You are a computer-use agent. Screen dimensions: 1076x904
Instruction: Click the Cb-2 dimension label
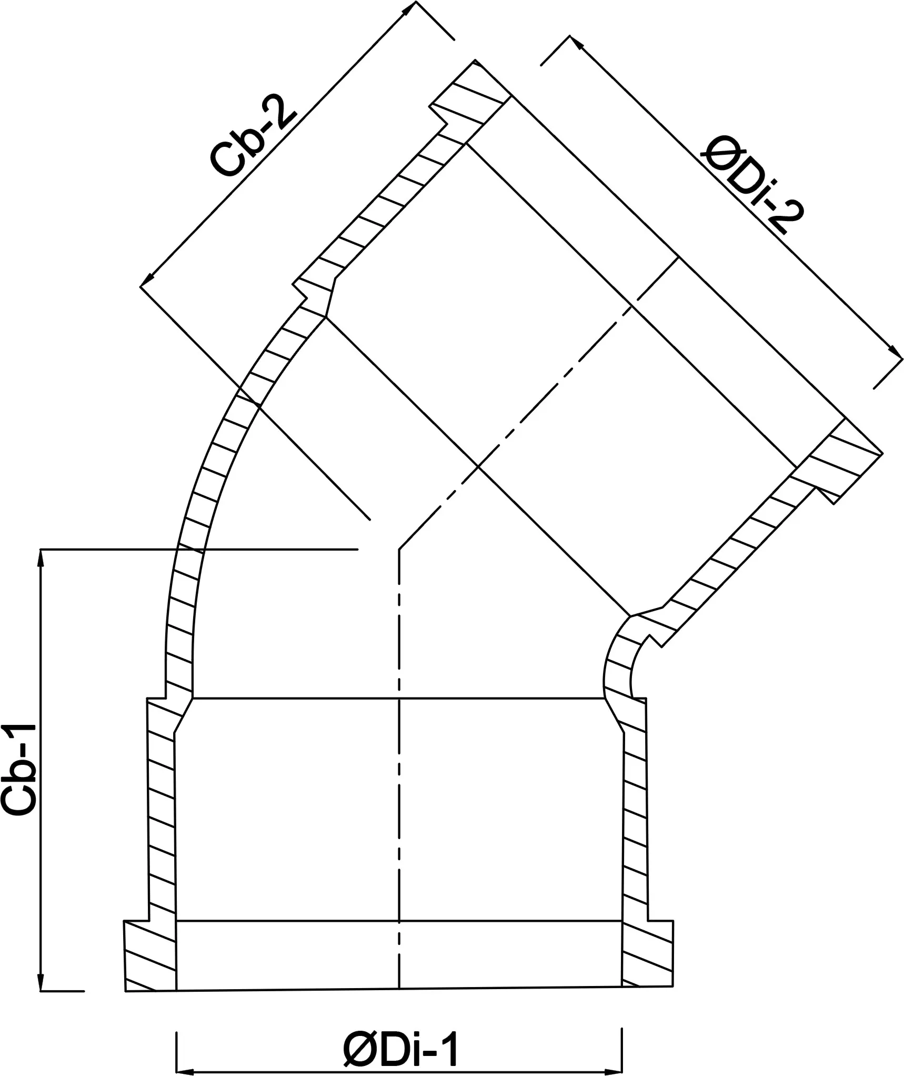pos(254,143)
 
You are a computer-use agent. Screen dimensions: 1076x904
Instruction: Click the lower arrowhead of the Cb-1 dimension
pos(41,982)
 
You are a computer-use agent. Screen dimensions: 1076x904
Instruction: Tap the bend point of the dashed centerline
pos(399,549)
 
